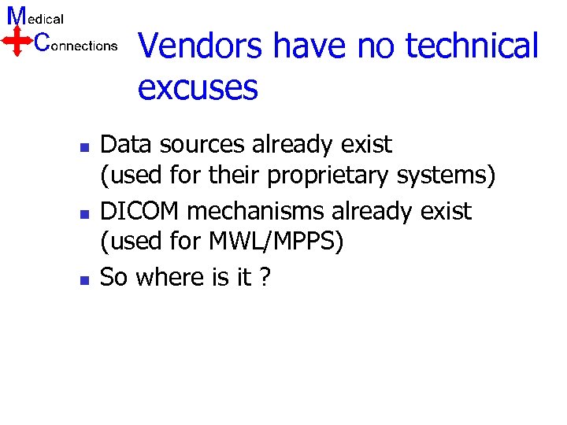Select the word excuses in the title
[198, 87]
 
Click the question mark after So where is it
[264, 278]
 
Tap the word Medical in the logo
[35, 17]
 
